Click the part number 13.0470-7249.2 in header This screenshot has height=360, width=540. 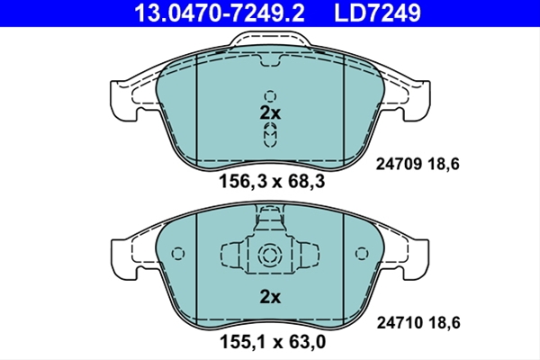pos(220,13)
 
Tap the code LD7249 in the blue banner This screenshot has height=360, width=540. pos(377,13)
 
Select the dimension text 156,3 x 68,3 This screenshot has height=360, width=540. pos(272,181)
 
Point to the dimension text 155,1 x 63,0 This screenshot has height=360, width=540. pos(273,342)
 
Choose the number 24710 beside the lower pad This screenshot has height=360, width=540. pos(400,323)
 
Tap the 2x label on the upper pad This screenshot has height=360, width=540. pos(270,112)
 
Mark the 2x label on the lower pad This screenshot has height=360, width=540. pos(270,297)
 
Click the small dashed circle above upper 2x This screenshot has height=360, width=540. pos(270,96)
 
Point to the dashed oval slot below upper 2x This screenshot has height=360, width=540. pos(270,135)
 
